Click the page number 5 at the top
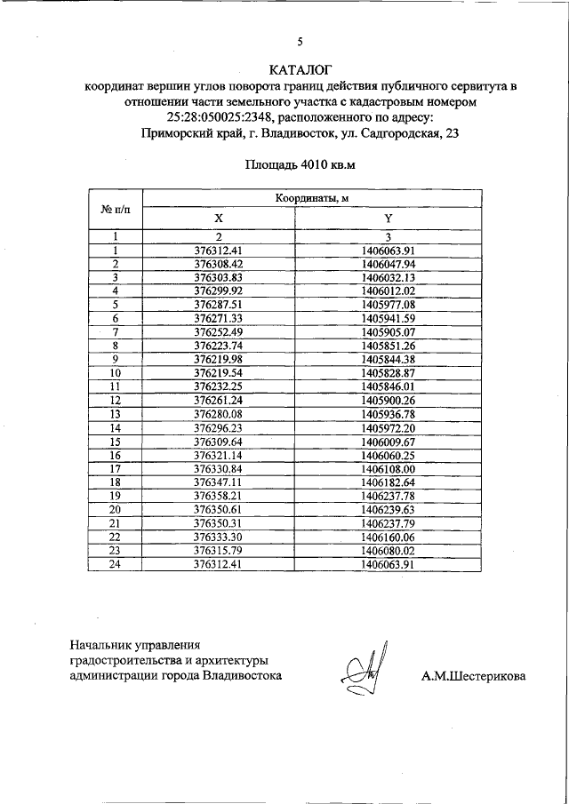(300, 42)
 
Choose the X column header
(218, 218)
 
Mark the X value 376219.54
(218, 373)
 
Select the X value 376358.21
(218, 496)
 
